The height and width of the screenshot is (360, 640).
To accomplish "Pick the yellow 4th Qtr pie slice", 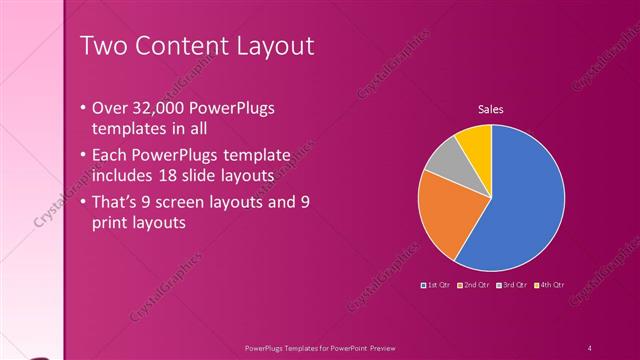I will [x=475, y=141].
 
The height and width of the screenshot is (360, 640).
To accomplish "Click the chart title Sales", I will [x=490, y=109].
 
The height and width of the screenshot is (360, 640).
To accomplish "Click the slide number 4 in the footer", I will [x=590, y=347].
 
